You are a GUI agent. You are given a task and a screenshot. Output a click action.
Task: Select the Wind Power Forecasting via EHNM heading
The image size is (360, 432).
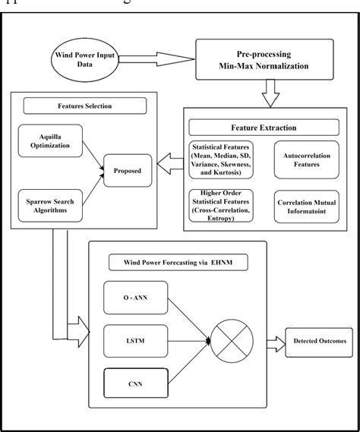pos(178,263)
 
